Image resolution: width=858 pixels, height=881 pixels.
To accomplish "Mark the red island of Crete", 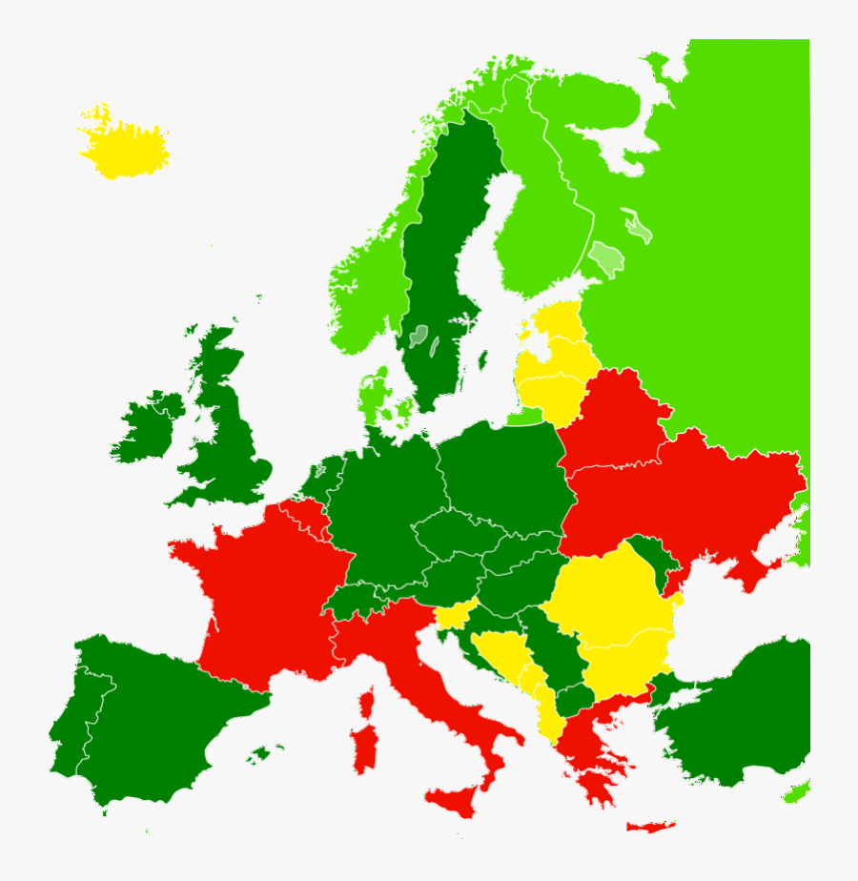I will (x=651, y=827).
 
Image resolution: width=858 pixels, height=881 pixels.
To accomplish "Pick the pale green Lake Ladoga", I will (x=604, y=257).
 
